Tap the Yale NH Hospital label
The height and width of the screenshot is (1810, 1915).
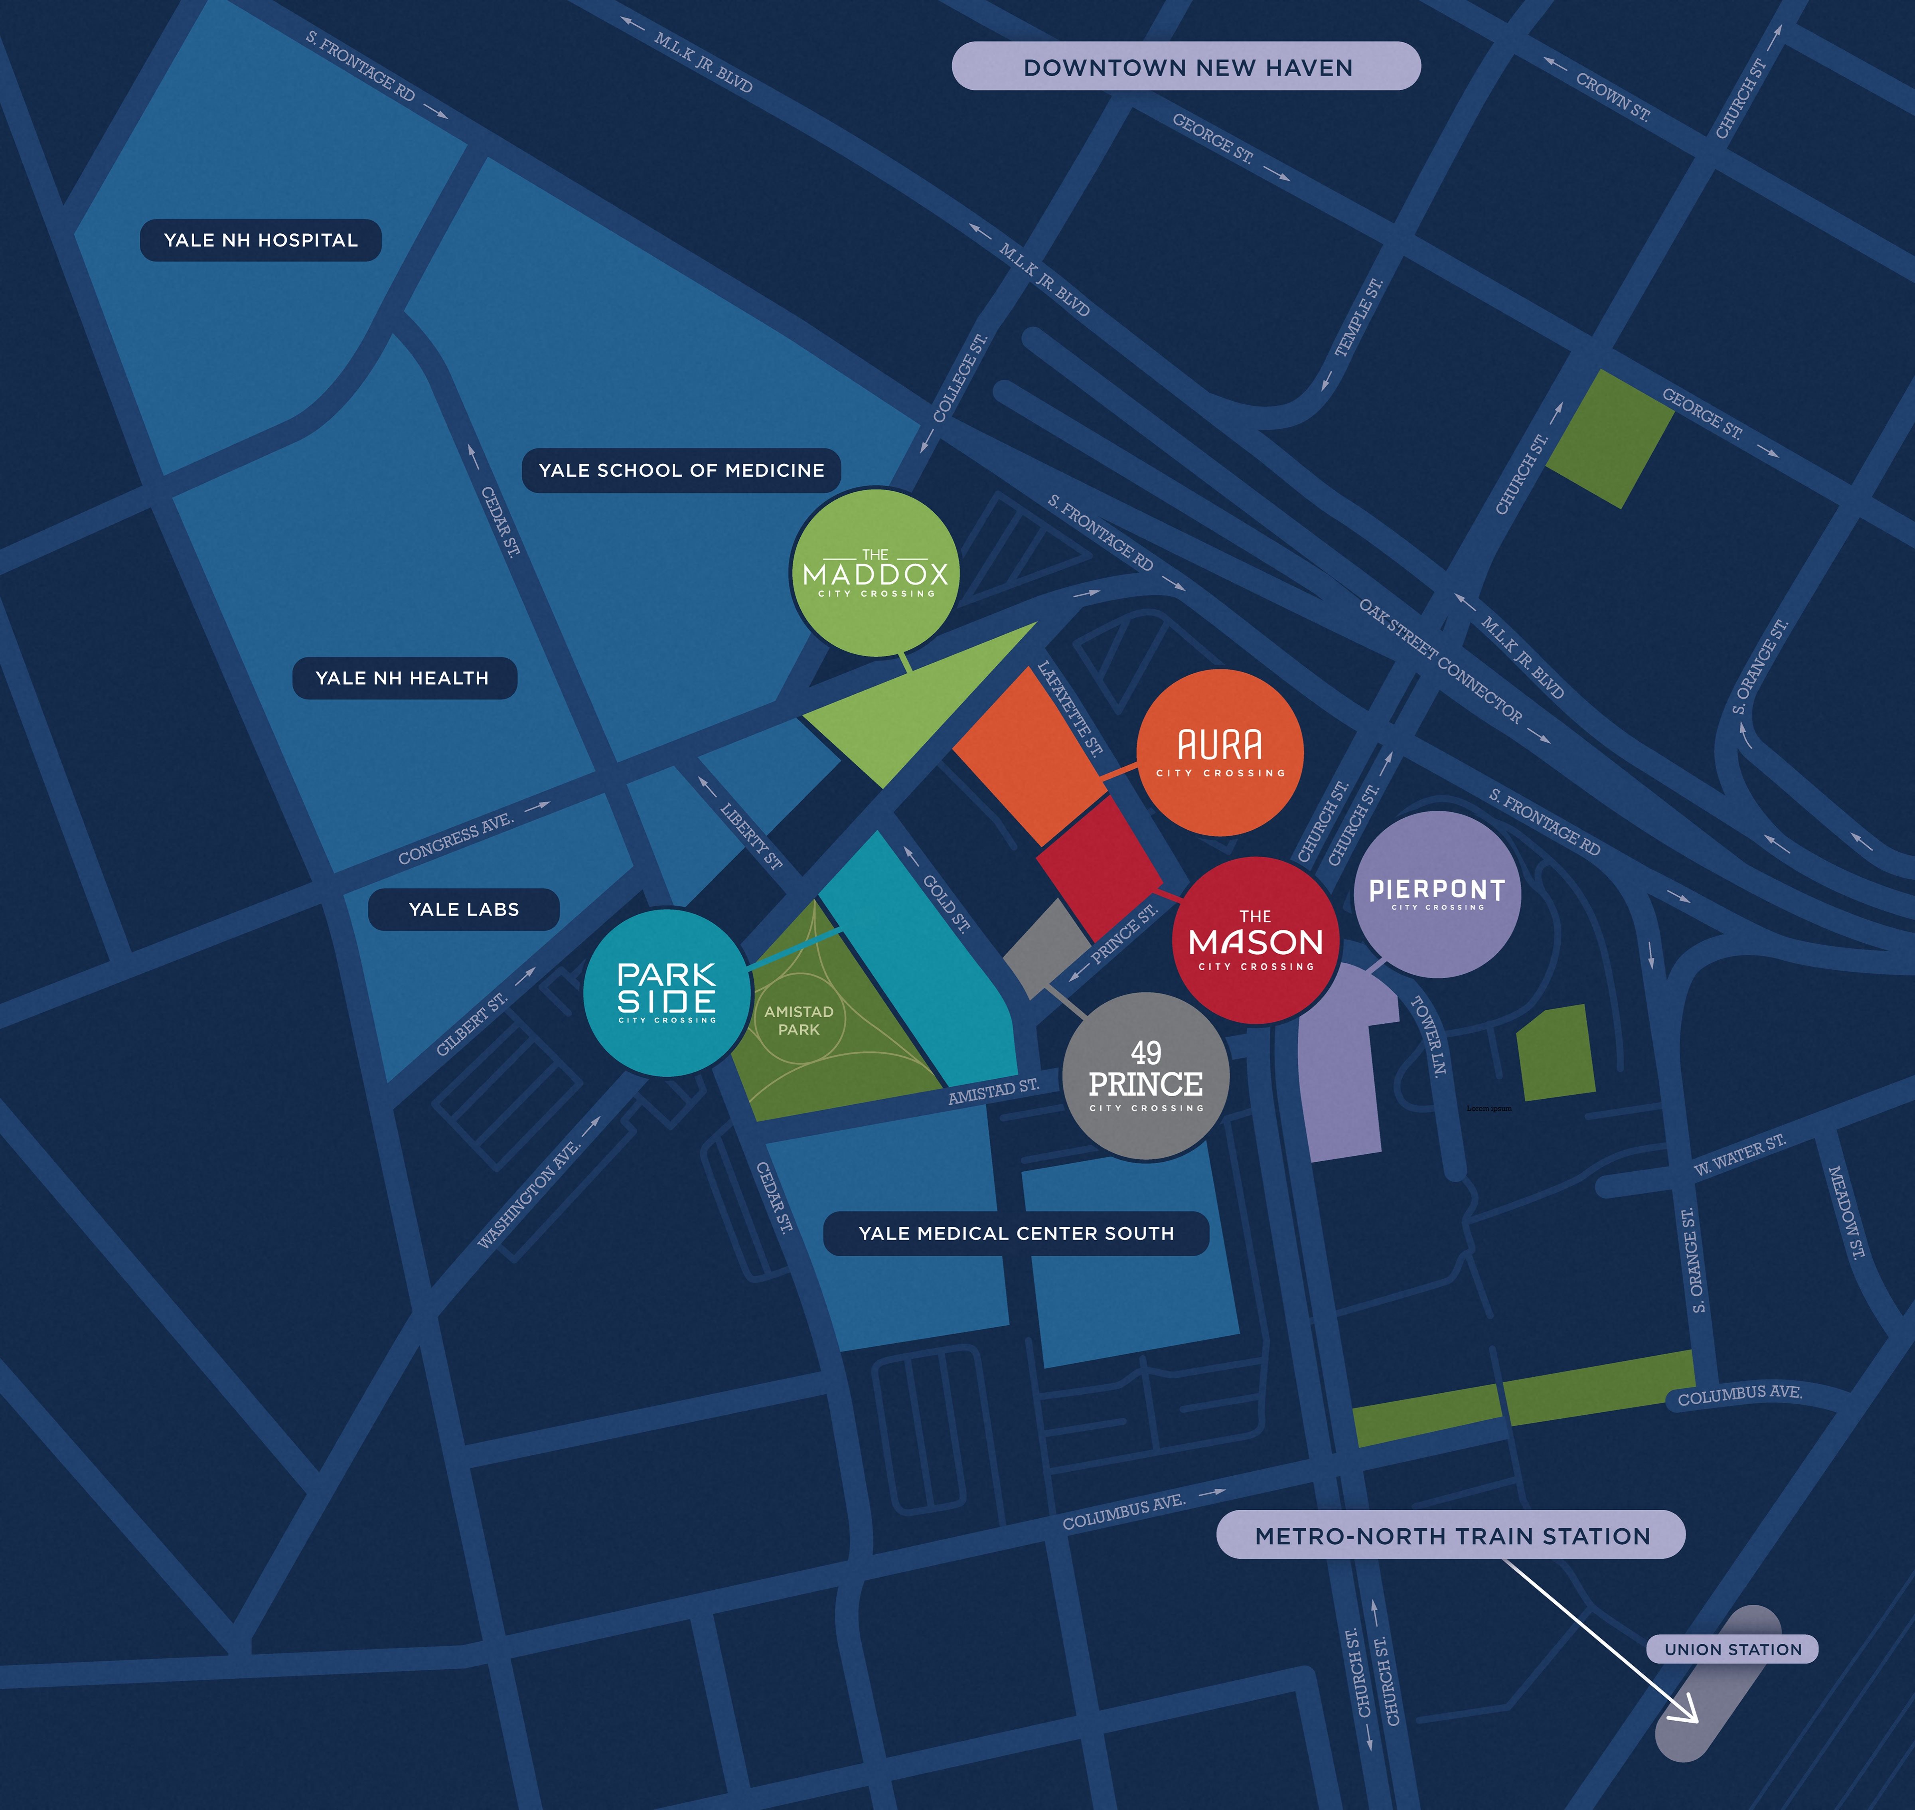[261, 240]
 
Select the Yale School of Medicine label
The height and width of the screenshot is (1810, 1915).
[681, 470]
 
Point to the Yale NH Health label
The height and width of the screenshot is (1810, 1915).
[403, 678]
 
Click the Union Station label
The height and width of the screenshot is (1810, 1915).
[1733, 1649]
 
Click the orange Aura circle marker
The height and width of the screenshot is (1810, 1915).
[1220, 752]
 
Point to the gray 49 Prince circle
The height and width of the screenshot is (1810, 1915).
[1145, 1076]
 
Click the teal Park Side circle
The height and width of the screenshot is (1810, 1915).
[667, 992]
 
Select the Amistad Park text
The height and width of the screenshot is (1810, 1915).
[799, 1020]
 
